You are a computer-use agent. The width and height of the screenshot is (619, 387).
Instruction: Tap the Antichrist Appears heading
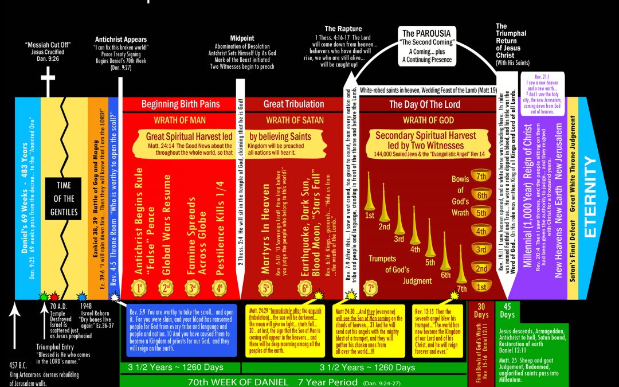point(120,40)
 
